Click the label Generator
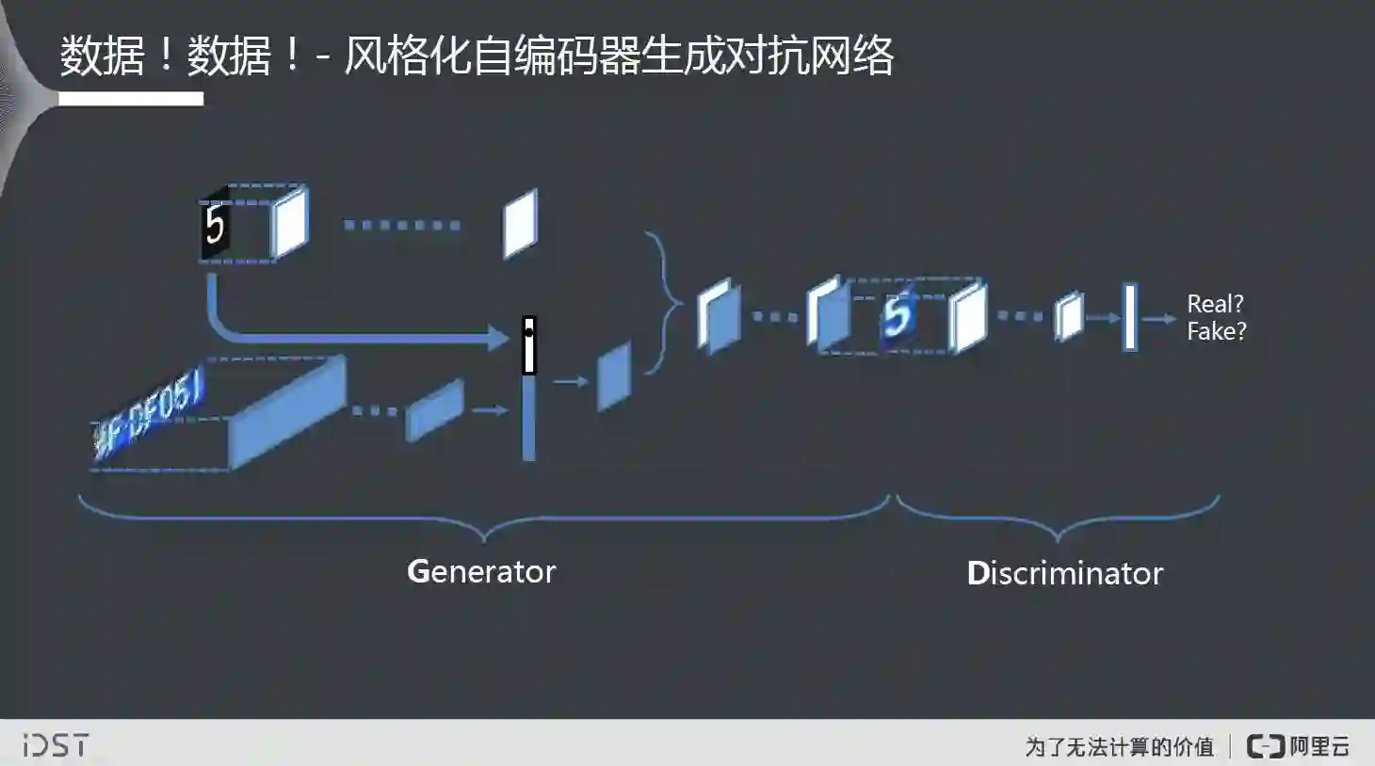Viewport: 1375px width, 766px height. point(481,571)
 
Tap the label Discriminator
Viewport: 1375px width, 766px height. point(1065,573)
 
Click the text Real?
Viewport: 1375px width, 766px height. point(1215,304)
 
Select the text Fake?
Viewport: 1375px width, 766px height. point(1216,331)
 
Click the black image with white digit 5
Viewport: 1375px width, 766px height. point(216,226)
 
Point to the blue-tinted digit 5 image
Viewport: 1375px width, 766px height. point(898,315)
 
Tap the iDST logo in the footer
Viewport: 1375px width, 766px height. point(56,745)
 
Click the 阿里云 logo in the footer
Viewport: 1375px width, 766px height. point(1299,746)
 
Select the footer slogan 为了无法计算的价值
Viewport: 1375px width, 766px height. point(1120,747)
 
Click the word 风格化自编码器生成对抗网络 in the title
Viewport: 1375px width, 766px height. point(618,56)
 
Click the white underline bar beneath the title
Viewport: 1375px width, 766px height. point(131,99)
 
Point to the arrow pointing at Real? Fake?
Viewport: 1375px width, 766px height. point(1159,319)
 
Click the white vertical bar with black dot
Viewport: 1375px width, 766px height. point(529,345)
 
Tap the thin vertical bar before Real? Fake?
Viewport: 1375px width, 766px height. point(1130,317)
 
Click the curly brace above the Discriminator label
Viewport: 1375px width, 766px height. point(1059,519)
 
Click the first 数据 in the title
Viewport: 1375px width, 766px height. point(102,56)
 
